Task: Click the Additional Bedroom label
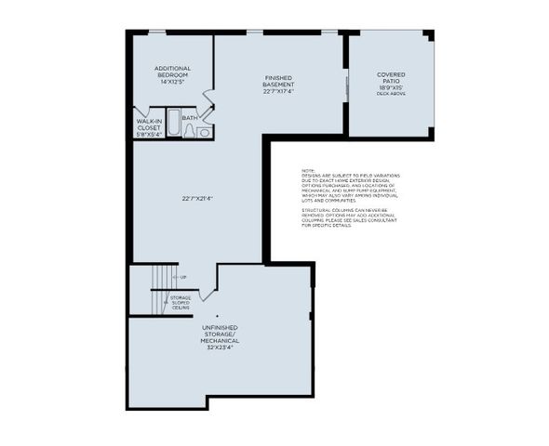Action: [173, 72]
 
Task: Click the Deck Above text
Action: [391, 94]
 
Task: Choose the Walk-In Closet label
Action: [150, 125]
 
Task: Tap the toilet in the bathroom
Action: [205, 133]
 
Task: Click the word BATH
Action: [189, 118]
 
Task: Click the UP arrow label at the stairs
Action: [183, 278]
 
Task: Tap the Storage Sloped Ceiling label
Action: [181, 301]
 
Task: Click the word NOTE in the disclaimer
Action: [308, 171]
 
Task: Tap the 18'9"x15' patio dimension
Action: [391, 87]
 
